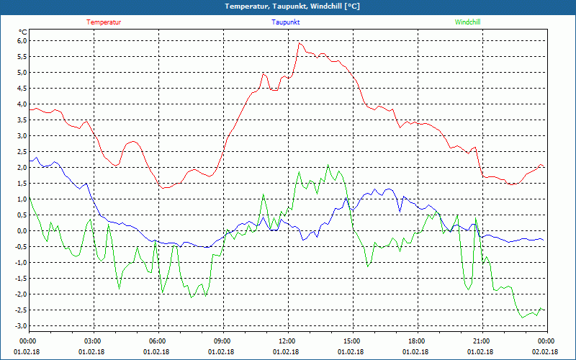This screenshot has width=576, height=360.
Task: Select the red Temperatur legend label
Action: point(104,22)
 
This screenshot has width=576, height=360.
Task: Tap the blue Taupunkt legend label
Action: point(286,22)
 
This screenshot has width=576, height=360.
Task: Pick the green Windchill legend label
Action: point(468,22)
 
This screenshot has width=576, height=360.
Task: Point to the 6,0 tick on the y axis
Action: point(21,41)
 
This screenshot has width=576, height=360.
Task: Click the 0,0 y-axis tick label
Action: point(21,231)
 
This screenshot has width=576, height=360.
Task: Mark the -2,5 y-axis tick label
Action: point(19,310)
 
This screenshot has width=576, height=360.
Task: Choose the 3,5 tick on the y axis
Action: point(21,120)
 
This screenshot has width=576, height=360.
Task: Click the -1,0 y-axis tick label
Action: point(19,263)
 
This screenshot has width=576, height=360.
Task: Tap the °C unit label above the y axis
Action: point(23,32)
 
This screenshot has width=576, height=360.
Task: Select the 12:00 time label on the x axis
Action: point(287,341)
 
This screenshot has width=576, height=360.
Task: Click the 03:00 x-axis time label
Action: point(93,341)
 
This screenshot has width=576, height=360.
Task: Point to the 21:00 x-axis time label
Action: point(481,341)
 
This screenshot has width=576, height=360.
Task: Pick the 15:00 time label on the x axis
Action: point(351,341)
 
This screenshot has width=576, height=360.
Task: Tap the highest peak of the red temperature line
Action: point(299,42)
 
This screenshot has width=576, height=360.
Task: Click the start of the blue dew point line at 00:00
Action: point(30,159)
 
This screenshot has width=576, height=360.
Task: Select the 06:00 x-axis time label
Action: point(158,341)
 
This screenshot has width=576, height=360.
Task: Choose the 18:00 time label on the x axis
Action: point(416,341)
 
